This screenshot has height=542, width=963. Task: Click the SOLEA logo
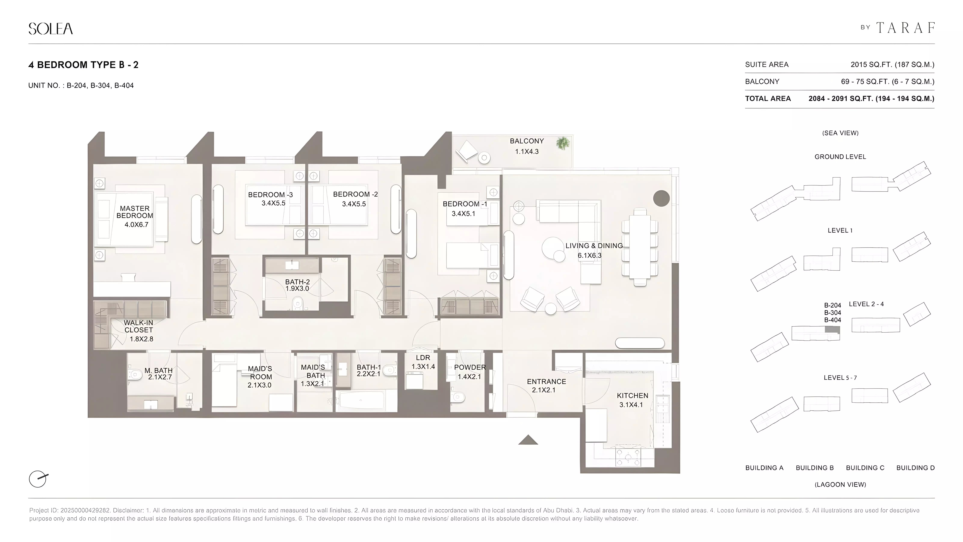click(x=50, y=29)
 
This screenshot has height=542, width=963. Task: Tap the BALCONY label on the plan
click(x=527, y=141)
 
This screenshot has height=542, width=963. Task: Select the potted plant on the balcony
click(x=563, y=143)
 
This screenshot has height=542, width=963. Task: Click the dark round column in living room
click(x=661, y=198)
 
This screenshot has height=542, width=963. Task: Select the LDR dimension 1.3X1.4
click(x=423, y=367)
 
